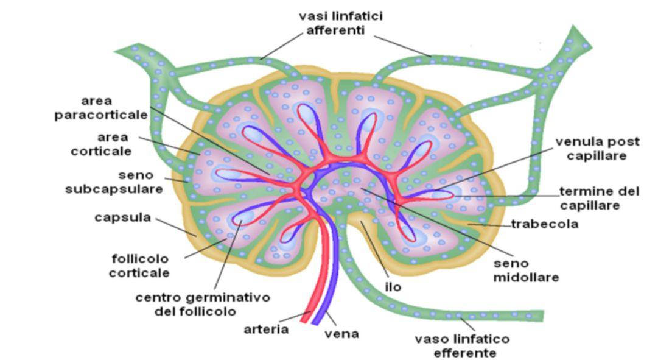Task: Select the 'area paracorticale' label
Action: coord(101,108)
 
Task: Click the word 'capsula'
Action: coord(122,217)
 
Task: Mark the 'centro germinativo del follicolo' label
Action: coord(202,305)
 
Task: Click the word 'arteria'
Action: coord(266,330)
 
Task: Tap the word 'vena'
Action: coord(341,334)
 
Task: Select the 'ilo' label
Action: coord(393,286)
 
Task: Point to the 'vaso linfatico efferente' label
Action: coord(462,345)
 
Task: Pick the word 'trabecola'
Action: coord(544,224)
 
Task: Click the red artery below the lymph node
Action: coord(317,286)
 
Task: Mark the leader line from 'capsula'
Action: coord(176,226)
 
